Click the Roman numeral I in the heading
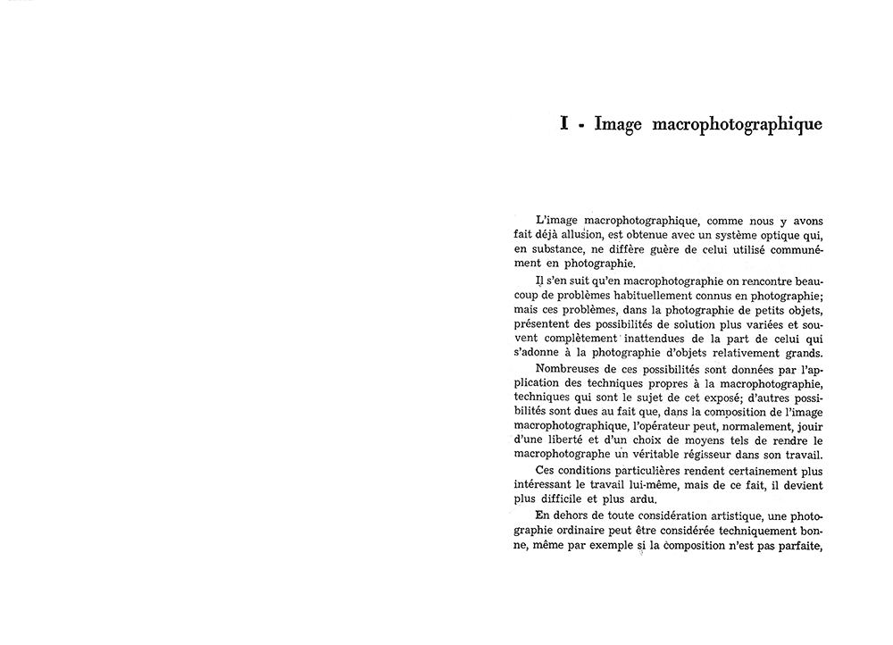pos(564,124)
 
